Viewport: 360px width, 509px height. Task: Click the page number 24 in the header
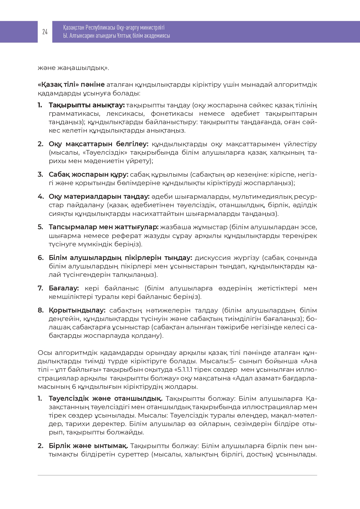(x=45, y=32)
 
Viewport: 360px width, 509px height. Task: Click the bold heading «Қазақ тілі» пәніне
(x=71, y=85)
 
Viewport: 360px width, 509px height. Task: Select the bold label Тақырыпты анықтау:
(x=86, y=105)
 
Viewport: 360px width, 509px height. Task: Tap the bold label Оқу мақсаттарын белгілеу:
(x=98, y=144)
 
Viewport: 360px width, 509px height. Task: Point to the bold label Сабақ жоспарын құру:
(x=88, y=175)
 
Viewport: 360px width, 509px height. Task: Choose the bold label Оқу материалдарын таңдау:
(x=99, y=197)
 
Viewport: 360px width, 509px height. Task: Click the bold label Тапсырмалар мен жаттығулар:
(x=104, y=227)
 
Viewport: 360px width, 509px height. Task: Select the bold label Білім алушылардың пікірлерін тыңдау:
(x=120, y=258)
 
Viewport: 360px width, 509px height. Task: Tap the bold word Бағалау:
(x=64, y=288)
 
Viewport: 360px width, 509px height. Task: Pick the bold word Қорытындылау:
(x=77, y=310)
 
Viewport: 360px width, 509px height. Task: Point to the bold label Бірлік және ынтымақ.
(x=88, y=446)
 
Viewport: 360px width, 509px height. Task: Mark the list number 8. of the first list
(x=40, y=310)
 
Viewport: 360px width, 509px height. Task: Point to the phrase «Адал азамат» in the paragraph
(x=253, y=378)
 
